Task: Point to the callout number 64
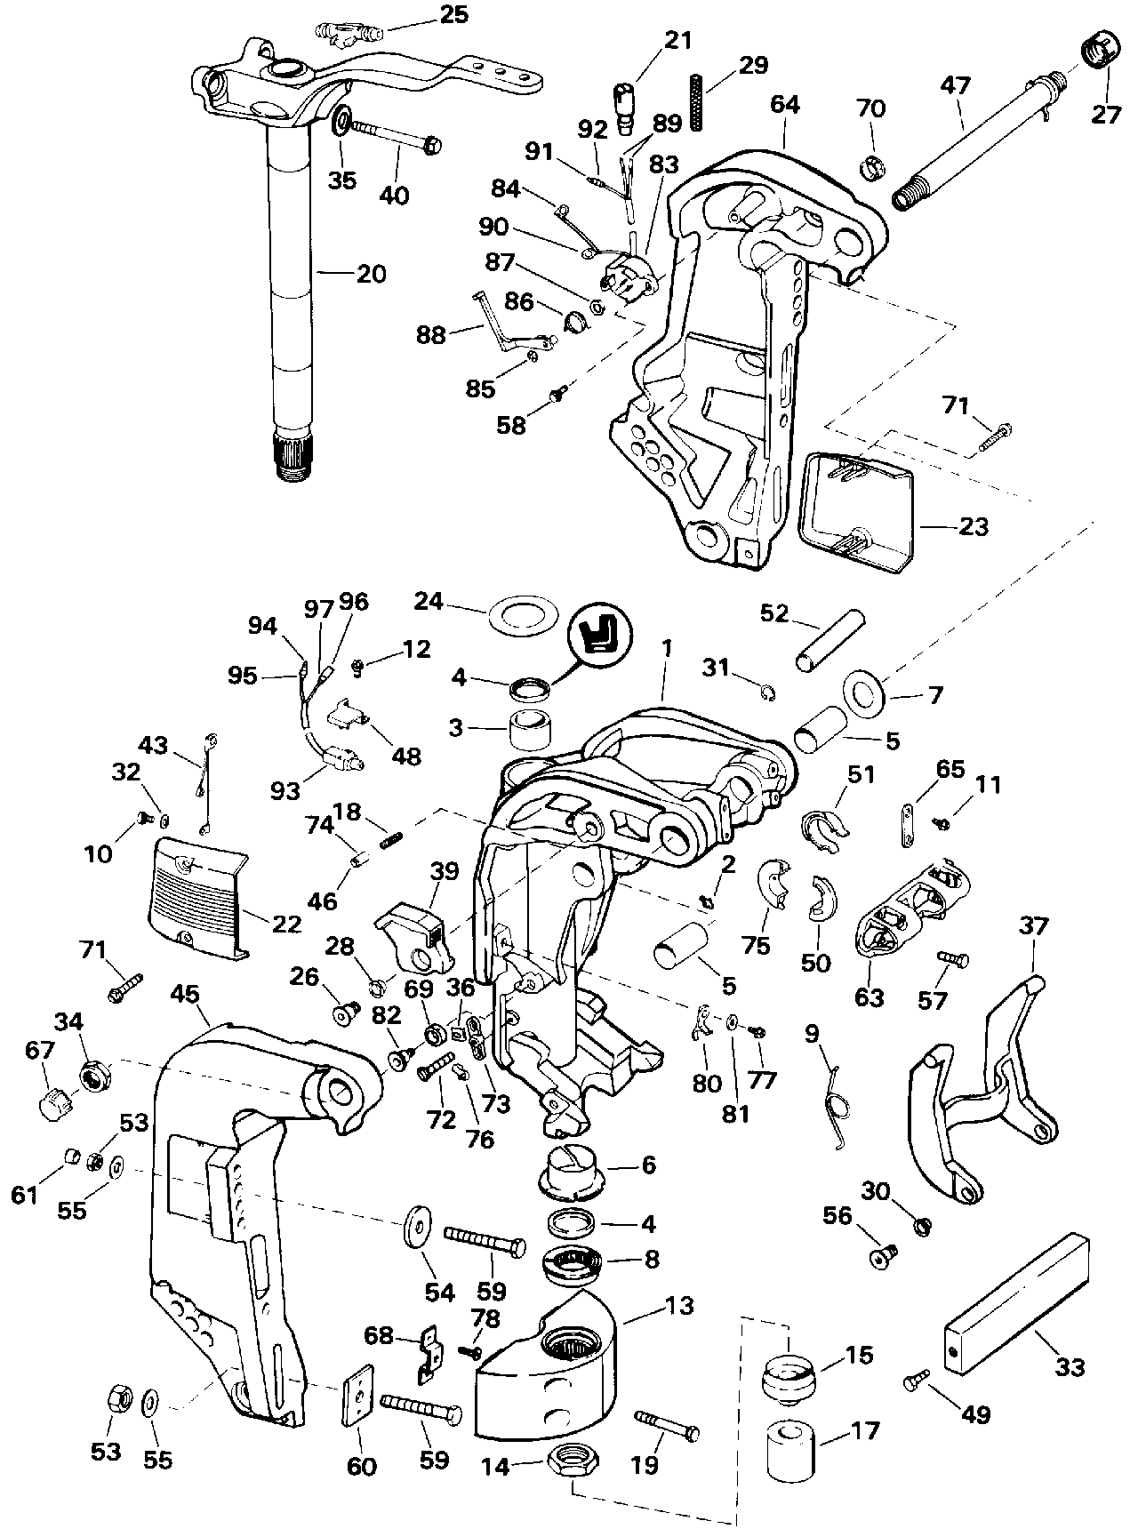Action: pos(784,105)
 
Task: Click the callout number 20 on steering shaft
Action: pos(372,275)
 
